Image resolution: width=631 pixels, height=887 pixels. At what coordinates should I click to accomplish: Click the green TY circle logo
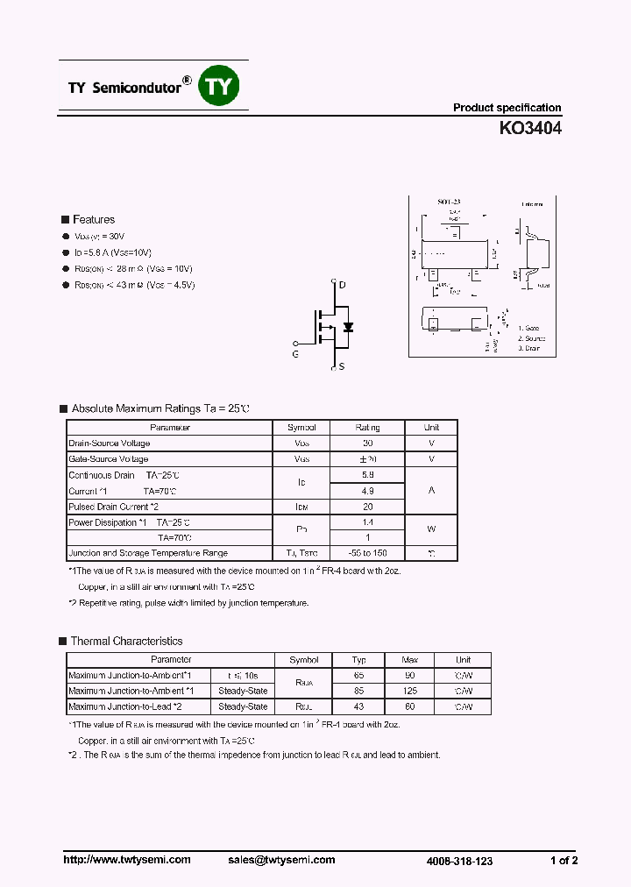pos(220,86)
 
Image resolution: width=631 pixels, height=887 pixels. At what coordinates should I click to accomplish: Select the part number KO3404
pos(530,128)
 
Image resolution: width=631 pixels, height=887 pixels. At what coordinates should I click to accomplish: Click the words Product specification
pos(507,108)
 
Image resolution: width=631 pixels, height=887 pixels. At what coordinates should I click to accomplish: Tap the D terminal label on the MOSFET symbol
pos(342,285)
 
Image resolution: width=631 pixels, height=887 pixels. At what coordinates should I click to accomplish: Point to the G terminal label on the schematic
pos(295,353)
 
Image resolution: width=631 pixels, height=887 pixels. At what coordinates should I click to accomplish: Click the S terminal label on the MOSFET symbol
pos(341,366)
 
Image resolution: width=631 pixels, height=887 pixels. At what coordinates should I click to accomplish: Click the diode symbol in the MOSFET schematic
pos(348,327)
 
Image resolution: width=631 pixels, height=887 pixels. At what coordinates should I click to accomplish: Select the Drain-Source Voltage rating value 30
pos(367,443)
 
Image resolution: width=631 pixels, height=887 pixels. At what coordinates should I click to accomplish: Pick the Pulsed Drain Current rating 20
pos(367,507)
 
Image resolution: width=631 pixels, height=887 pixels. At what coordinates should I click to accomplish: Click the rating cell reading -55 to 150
pos(367,553)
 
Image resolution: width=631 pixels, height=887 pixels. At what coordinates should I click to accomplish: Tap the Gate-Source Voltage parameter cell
pos(109,459)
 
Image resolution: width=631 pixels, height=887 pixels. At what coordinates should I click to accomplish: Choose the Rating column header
pos(367,428)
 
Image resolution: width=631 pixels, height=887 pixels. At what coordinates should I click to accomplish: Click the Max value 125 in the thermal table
pos(409,691)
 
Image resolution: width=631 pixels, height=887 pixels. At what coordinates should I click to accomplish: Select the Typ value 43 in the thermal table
pos(358,706)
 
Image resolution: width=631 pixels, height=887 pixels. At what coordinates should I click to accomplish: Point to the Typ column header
pos(358,660)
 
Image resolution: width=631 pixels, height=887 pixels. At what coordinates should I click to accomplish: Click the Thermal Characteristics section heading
pos(126,642)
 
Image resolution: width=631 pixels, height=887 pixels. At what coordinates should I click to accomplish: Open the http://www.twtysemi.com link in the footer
pos(127,860)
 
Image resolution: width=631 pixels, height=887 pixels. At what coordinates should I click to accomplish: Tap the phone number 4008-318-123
pos(460,862)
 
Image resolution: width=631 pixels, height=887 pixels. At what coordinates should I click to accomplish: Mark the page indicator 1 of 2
pos(564,861)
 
